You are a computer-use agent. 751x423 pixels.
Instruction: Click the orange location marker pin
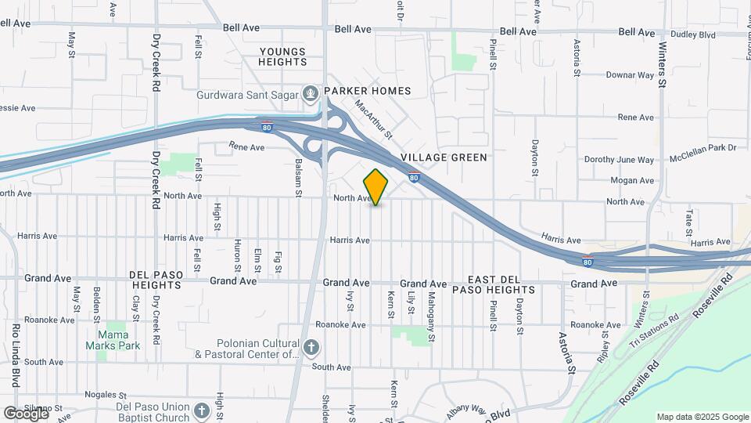click(376, 186)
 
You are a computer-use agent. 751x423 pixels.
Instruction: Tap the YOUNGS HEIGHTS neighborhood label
click(283, 56)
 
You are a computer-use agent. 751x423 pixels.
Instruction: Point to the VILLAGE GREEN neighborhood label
click(444, 157)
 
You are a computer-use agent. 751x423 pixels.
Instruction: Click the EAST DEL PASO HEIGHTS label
click(501, 284)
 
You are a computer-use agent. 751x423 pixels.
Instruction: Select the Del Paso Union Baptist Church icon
click(202, 410)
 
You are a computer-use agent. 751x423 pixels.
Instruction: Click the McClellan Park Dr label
click(703, 147)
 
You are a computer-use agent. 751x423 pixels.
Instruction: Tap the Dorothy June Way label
click(619, 160)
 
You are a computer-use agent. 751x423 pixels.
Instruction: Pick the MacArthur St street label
click(372, 118)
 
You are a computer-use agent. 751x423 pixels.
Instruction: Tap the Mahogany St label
click(431, 309)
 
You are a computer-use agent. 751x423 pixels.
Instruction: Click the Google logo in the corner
click(25, 413)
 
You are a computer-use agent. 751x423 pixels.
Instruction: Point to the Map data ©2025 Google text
click(702, 417)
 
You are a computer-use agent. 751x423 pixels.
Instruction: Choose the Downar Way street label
click(630, 76)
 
